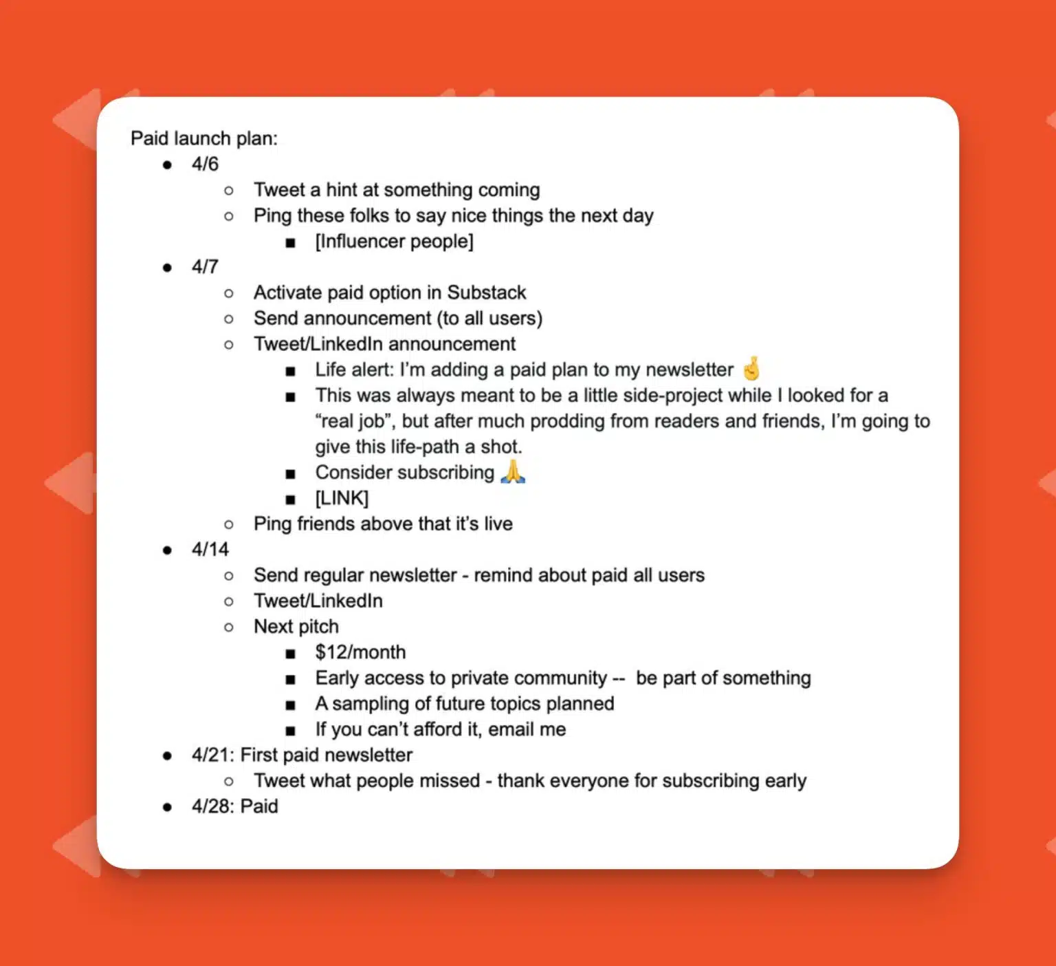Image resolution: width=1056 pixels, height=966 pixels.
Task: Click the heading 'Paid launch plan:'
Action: (x=204, y=139)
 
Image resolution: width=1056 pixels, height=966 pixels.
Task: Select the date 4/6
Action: (x=205, y=164)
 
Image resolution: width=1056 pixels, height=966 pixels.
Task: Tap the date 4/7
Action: (x=205, y=267)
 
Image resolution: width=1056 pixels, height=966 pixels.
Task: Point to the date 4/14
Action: (x=210, y=550)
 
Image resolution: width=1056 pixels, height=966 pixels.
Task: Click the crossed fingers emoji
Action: (x=752, y=369)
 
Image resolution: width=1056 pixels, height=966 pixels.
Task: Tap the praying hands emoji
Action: (x=513, y=472)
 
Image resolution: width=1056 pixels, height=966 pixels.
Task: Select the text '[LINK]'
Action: (x=342, y=498)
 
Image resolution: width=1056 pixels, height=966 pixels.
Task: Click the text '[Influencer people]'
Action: (x=394, y=241)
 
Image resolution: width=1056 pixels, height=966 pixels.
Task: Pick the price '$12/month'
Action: (x=360, y=652)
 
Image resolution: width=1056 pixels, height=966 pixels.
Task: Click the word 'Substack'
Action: (x=487, y=293)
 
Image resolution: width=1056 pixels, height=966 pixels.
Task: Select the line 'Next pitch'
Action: (x=296, y=627)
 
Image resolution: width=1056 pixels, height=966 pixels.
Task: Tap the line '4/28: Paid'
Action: (x=235, y=806)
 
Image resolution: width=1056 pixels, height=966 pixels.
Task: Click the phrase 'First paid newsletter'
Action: (x=327, y=755)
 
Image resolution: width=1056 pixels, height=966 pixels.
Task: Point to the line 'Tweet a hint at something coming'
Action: (x=397, y=190)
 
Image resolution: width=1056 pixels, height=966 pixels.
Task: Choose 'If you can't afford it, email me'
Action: (x=441, y=729)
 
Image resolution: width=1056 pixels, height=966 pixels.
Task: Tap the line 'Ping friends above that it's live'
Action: (x=383, y=524)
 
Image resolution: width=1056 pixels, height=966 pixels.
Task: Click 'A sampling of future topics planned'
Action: (x=465, y=704)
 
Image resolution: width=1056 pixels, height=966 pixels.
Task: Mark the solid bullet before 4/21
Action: (x=167, y=756)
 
